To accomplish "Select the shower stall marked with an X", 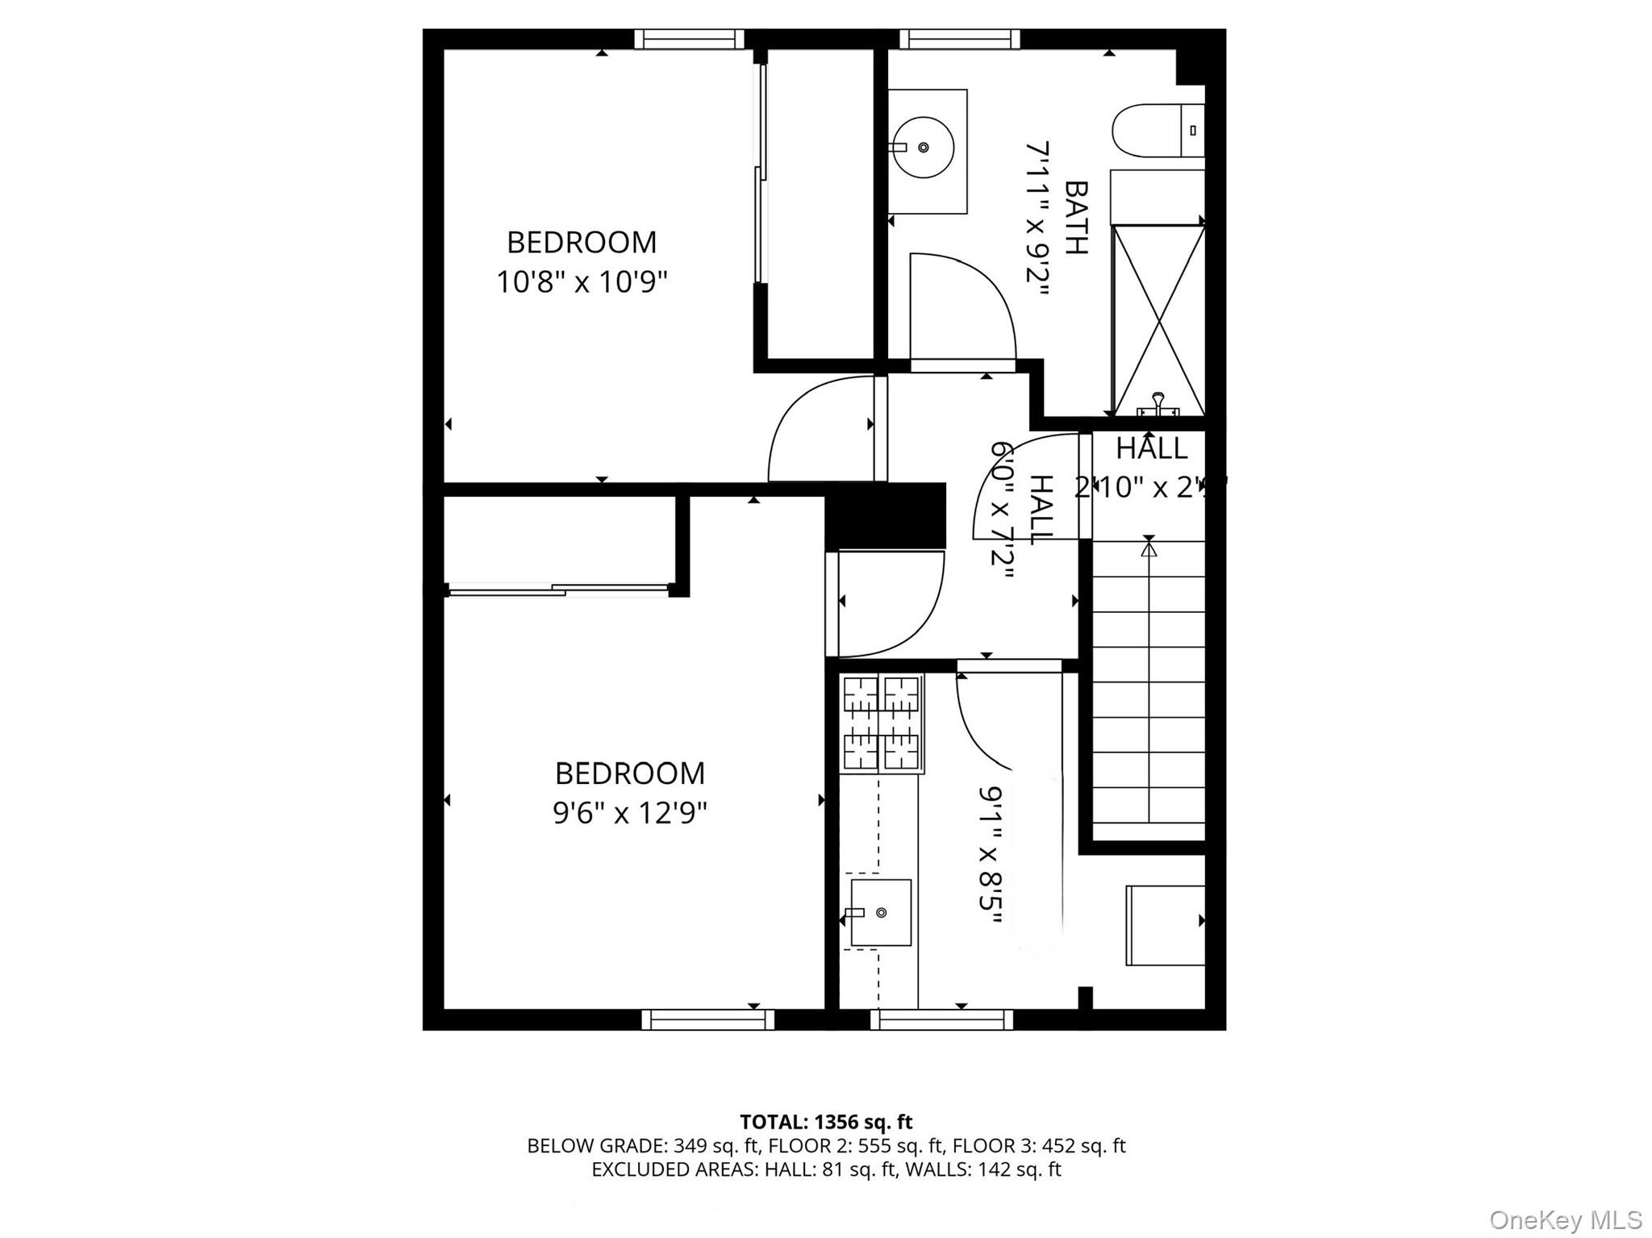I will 1158,320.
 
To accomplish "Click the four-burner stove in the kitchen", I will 881,723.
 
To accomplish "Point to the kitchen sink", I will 881,912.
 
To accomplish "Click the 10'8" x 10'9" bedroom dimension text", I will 582,282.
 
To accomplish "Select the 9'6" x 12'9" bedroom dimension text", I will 629,813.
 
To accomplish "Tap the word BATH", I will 1076,217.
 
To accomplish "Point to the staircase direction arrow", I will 1149,549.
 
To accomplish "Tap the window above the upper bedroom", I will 689,39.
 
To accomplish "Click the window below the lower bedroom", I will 707,1020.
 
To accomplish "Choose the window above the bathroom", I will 959,39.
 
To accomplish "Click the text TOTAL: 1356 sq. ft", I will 826,1122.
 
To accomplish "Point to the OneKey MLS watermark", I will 1565,1219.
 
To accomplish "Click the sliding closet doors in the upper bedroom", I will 759,173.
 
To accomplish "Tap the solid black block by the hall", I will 886,516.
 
